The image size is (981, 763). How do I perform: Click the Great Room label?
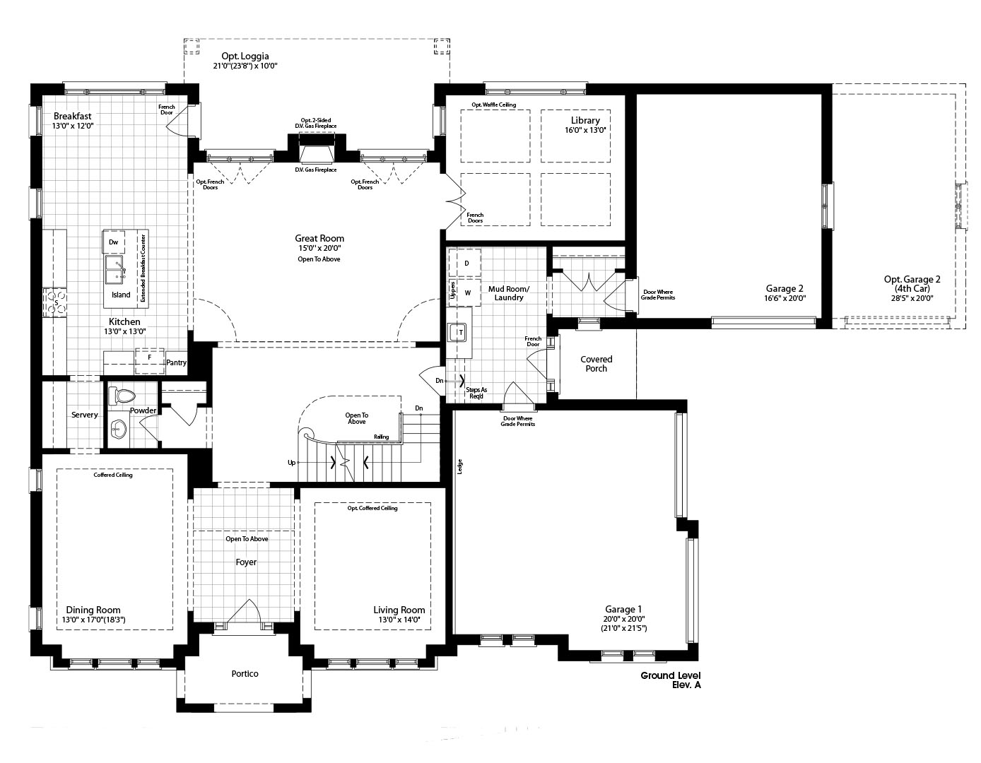(319, 238)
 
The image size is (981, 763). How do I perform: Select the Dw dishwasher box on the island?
(113, 242)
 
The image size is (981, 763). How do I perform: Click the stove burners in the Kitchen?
(55, 303)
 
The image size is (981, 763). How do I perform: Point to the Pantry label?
(176, 362)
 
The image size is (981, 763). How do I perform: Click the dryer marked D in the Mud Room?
(466, 263)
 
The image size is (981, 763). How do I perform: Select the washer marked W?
(466, 292)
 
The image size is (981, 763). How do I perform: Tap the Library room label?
(585, 120)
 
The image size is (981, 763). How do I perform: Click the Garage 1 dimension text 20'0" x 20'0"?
(623, 619)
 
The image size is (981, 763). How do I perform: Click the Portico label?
(245, 673)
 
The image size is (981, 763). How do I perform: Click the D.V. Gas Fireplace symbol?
(316, 154)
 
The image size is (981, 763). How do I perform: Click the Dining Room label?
(93, 610)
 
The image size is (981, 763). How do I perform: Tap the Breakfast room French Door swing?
(177, 124)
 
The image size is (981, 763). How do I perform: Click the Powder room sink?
(118, 428)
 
